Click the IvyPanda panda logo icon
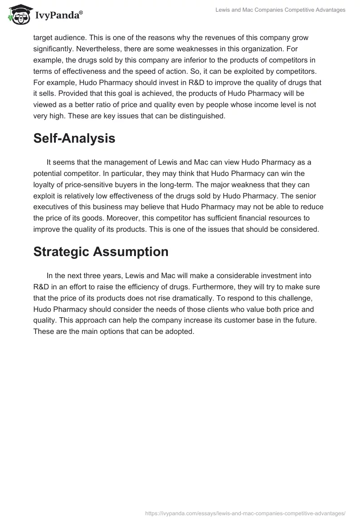(x=18, y=14)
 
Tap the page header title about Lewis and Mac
(x=279, y=10)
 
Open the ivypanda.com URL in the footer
(x=246, y=513)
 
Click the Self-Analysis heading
(x=74, y=138)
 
